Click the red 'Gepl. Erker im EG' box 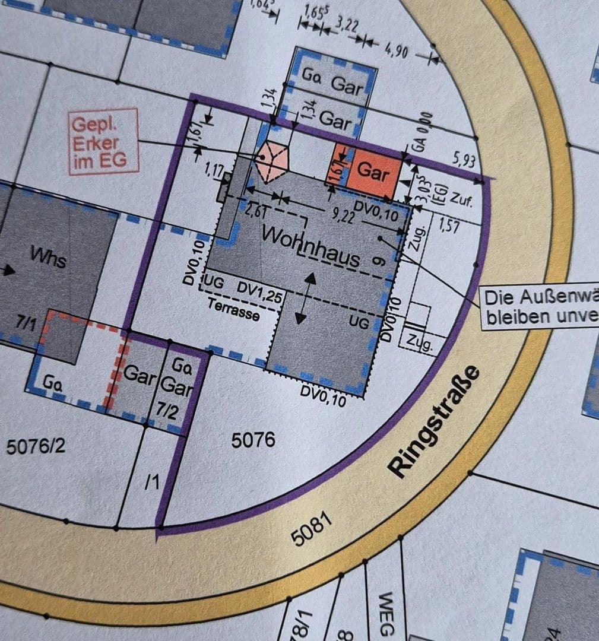(103, 142)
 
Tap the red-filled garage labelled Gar (373, 172)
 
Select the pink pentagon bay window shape (272, 161)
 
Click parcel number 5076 (253, 440)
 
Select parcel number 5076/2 (35, 446)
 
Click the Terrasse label (233, 310)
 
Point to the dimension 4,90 (397, 52)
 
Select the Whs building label (48, 258)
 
